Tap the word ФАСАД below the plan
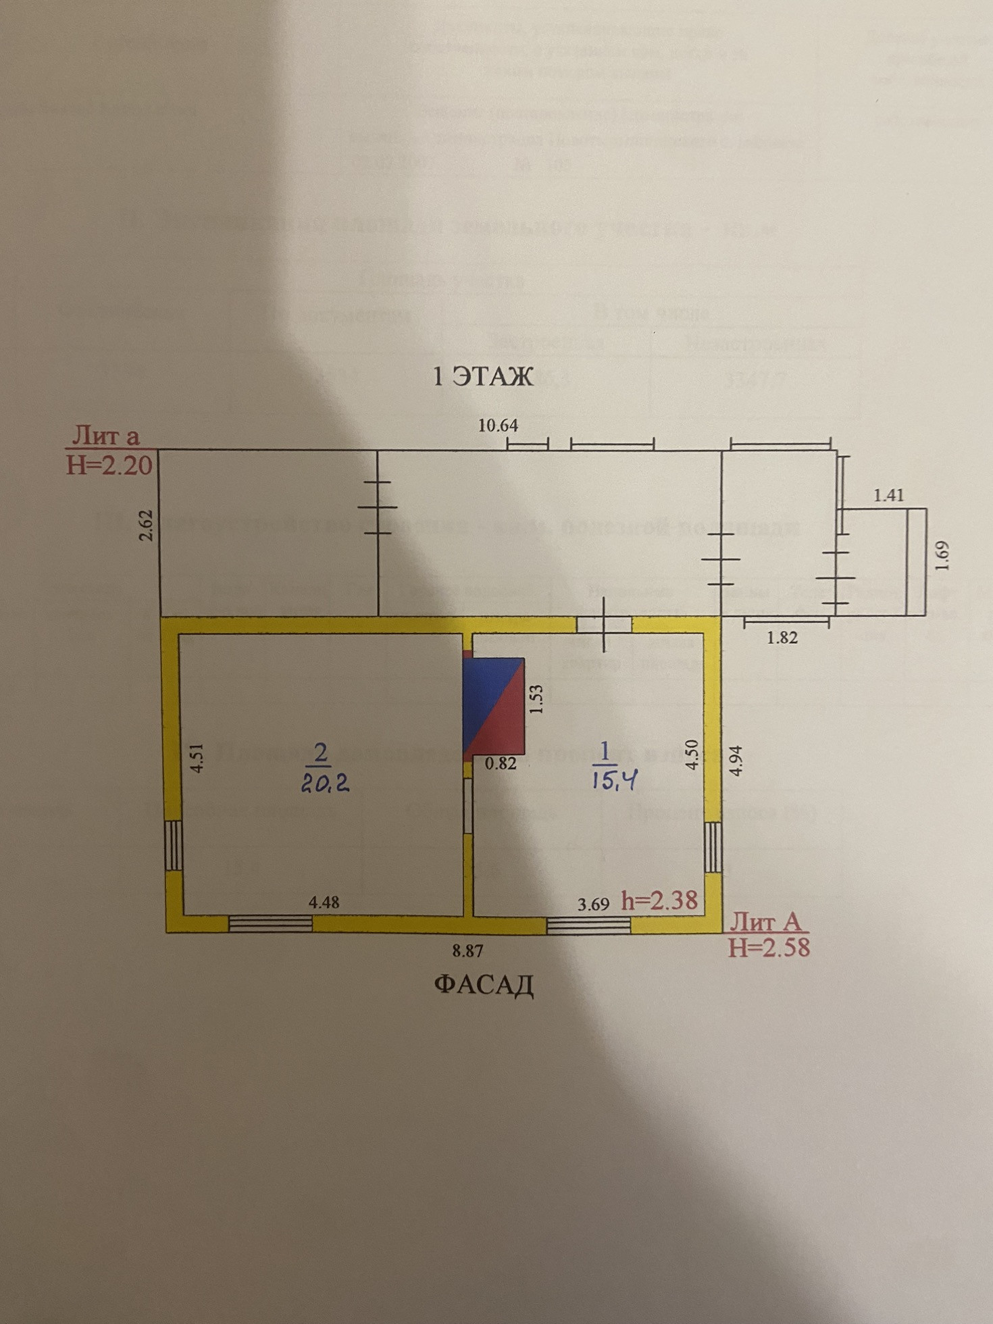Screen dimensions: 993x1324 pos(483,985)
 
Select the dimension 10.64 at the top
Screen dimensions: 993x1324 pos(498,426)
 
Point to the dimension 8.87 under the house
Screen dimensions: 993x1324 pos(467,951)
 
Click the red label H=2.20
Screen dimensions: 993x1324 pos(109,465)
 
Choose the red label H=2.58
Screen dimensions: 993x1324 pos(768,948)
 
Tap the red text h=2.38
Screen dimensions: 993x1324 pos(659,900)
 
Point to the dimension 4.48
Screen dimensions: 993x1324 pos(324,902)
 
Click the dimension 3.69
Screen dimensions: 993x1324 pos(593,904)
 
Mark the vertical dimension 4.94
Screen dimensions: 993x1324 pos(736,760)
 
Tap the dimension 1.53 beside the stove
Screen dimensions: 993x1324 pos(536,700)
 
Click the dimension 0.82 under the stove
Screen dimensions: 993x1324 pos(501,764)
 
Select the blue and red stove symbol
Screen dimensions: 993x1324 pos(494,707)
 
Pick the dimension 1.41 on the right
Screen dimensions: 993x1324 pos(888,495)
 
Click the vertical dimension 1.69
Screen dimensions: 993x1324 pos(943,555)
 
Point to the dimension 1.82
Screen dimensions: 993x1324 pos(782,637)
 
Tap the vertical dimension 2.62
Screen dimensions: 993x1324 pos(147,525)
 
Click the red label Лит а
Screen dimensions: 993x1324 pos(105,436)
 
